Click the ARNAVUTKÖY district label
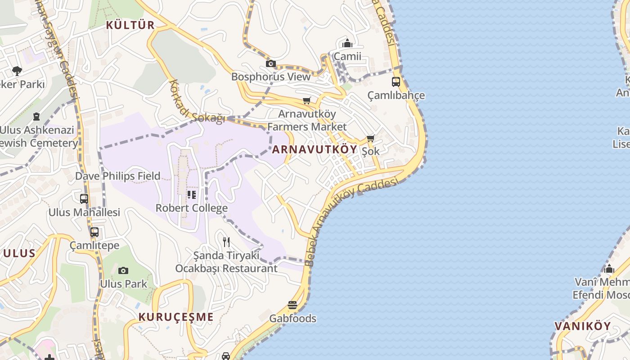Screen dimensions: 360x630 [315, 149]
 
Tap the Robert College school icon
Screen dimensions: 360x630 [192, 195]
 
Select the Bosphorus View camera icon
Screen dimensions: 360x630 [270, 63]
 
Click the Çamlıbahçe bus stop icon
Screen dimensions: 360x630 [396, 82]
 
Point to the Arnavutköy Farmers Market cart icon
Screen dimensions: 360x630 [307, 100]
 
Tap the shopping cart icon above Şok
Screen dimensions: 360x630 [370, 138]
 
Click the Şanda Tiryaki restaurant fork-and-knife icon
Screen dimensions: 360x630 [226, 242]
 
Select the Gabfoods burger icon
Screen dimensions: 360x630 [292, 305]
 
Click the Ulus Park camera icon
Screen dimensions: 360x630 [123, 270]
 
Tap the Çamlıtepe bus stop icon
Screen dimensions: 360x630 [94, 232]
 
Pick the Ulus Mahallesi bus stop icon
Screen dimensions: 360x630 [84, 198]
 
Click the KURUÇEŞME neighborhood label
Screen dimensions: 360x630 [176, 317]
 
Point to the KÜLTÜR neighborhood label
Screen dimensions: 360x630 [130, 25]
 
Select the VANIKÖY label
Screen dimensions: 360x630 [582, 326]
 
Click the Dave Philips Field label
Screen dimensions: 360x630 [117, 176]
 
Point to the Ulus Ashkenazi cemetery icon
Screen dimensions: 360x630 [36, 117]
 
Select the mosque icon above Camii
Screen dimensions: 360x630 [347, 43]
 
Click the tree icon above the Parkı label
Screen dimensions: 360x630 [17, 71]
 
